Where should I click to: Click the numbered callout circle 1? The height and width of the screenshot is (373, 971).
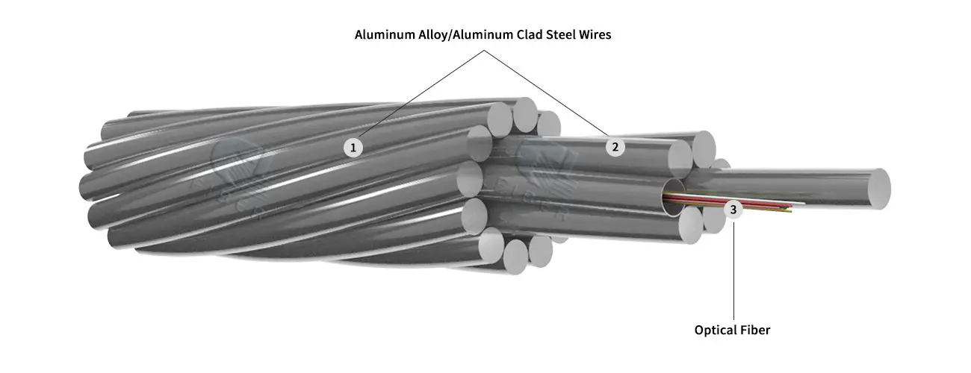pyautogui.click(x=353, y=147)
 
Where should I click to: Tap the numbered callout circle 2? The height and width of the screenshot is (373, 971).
pyautogui.click(x=615, y=146)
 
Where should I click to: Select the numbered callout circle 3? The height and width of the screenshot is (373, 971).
pyautogui.click(x=733, y=210)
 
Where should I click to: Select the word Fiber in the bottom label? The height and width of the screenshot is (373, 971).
pyautogui.click(x=755, y=330)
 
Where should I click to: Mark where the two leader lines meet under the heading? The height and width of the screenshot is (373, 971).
pyautogui.click(x=485, y=51)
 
